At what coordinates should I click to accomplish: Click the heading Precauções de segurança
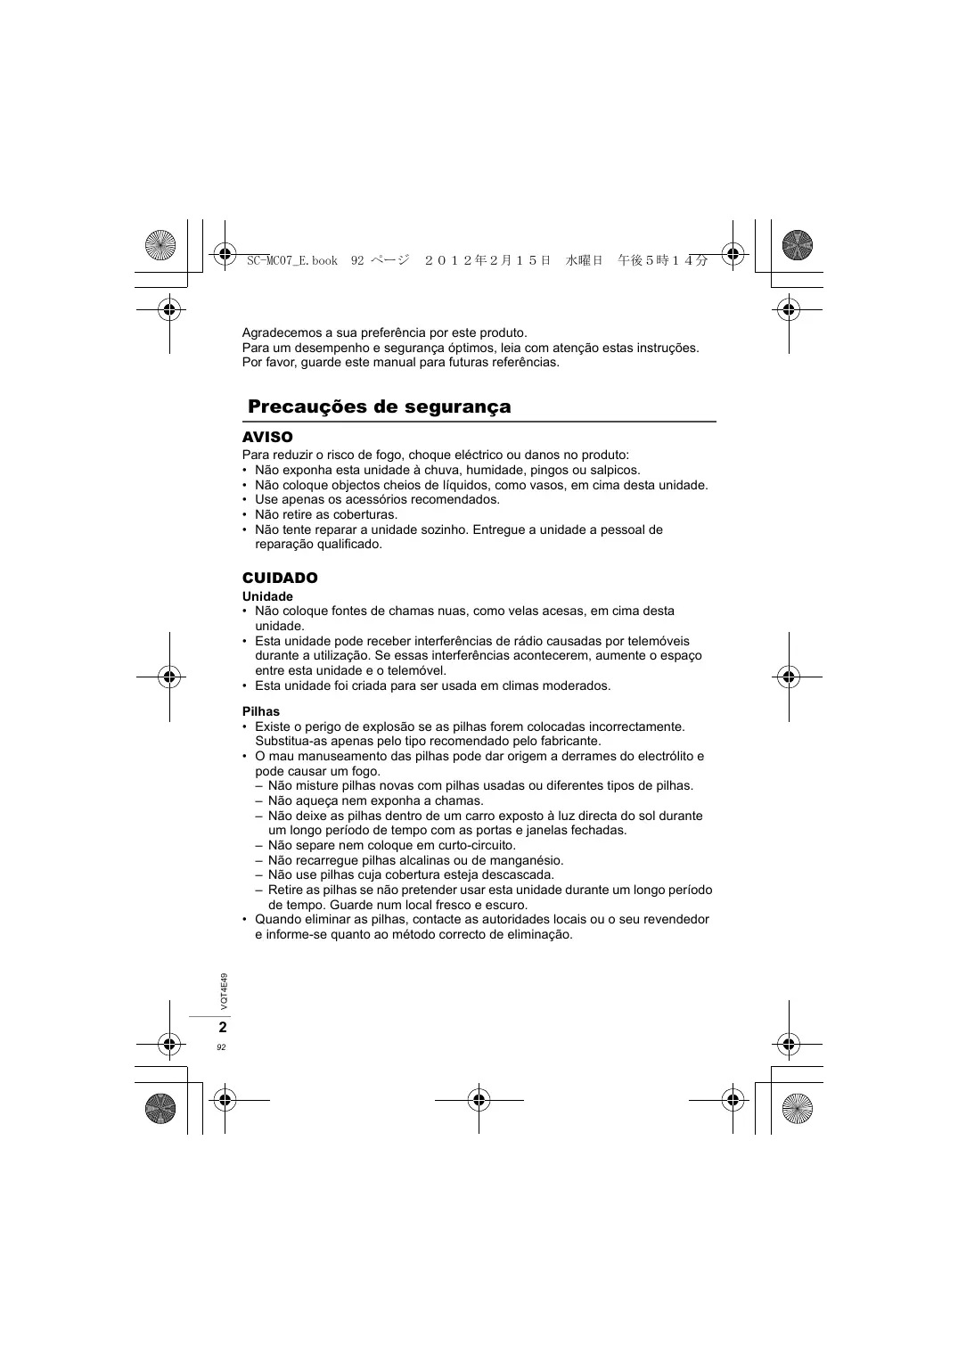(380, 407)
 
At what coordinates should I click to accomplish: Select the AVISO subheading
(267, 437)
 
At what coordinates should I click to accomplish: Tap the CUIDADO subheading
(280, 578)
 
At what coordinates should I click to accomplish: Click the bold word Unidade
(267, 596)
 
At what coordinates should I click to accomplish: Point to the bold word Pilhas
(261, 711)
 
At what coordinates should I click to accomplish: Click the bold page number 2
(222, 1027)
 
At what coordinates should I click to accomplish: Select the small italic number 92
(221, 1047)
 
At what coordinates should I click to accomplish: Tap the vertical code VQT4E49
(224, 991)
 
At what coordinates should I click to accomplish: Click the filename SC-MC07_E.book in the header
(292, 260)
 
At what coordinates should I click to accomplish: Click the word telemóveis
(659, 641)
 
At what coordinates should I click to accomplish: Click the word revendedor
(676, 919)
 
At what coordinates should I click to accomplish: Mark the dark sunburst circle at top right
(798, 244)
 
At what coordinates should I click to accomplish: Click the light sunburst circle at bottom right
(798, 1108)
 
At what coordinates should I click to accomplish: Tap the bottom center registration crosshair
(479, 1100)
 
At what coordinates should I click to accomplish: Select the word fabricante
(566, 741)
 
